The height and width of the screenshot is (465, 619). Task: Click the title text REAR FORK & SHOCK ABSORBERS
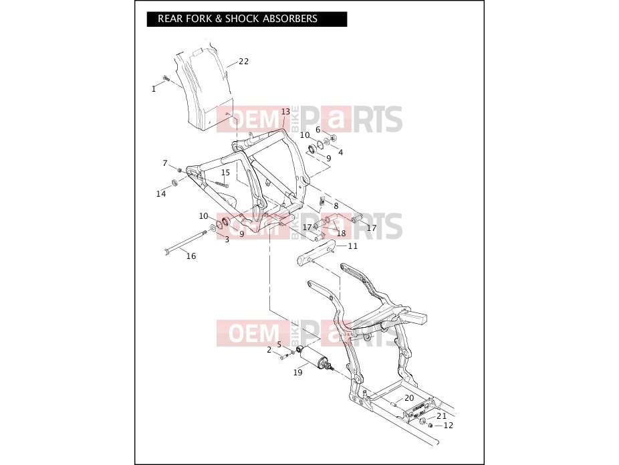coord(237,19)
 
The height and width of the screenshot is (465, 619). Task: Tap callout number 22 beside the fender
coord(243,62)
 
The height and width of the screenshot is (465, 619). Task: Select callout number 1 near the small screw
coord(154,89)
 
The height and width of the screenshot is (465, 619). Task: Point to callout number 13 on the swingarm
coord(285,112)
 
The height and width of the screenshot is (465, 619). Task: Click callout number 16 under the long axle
coord(191,256)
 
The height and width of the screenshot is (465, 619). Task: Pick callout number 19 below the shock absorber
coord(297,372)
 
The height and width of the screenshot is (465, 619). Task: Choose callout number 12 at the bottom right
coord(449,425)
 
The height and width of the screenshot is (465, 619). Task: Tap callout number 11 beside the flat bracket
coord(352,246)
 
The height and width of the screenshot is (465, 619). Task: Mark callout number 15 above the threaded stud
coord(225,173)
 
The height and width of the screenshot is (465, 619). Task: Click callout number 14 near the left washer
coord(161,193)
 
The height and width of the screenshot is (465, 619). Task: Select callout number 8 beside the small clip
coord(336,206)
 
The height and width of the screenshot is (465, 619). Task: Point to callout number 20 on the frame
coord(409,398)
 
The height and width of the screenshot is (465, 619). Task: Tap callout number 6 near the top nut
coord(318,130)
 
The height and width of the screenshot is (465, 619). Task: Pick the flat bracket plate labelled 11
coord(316,254)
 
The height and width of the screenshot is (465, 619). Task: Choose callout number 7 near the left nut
coord(165,163)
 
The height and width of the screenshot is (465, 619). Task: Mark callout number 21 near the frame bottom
coord(441,415)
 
